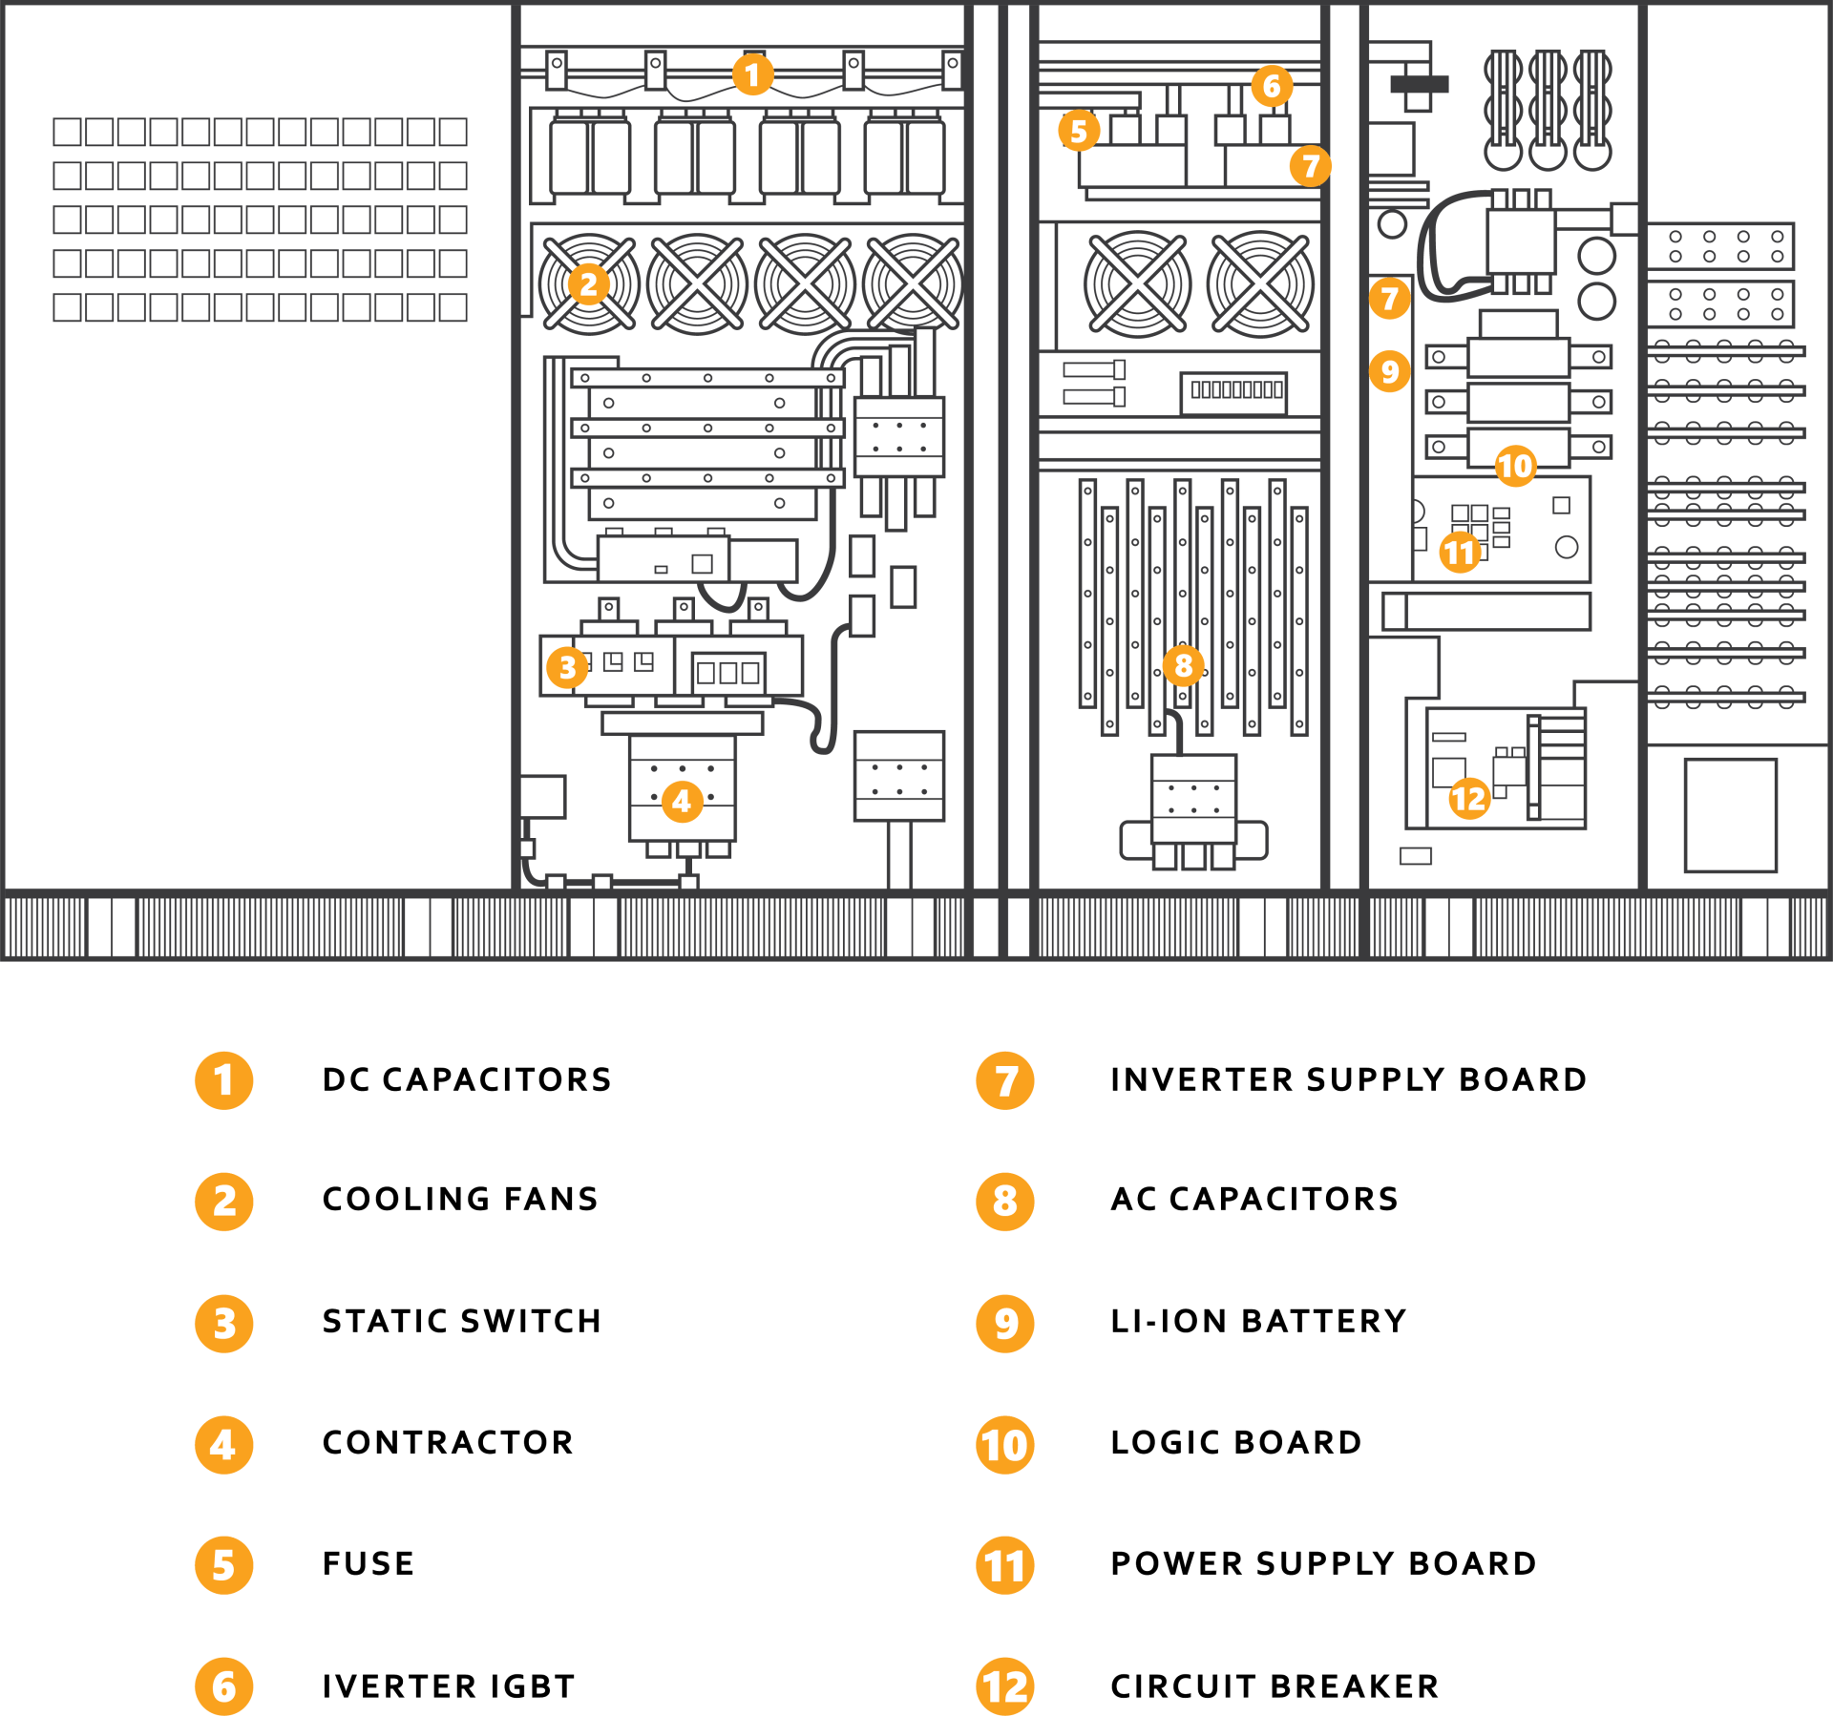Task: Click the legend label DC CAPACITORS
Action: click(x=467, y=1079)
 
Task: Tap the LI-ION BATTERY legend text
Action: click(x=1258, y=1321)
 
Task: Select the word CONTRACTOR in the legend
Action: click(x=448, y=1442)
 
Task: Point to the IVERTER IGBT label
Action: click(x=449, y=1686)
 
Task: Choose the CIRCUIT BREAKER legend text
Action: click(x=1275, y=1686)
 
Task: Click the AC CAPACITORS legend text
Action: click(x=1254, y=1199)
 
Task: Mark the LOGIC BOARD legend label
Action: click(x=1236, y=1442)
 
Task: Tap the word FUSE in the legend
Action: click(x=369, y=1563)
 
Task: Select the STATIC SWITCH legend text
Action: click(x=462, y=1321)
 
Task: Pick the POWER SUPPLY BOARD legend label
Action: click(x=1324, y=1563)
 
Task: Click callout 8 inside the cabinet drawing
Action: click(x=1183, y=665)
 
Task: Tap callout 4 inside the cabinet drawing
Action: click(x=682, y=801)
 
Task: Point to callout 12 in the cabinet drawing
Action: click(x=1468, y=798)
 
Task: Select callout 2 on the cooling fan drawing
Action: click(x=588, y=283)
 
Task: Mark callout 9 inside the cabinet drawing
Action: click(x=1389, y=371)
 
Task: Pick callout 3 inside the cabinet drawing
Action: click(x=567, y=667)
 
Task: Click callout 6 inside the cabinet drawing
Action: click(x=1272, y=86)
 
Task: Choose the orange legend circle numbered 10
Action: click(x=1005, y=1445)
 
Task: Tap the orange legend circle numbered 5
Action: click(x=224, y=1565)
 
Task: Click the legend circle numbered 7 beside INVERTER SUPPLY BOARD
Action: click(x=1005, y=1080)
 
